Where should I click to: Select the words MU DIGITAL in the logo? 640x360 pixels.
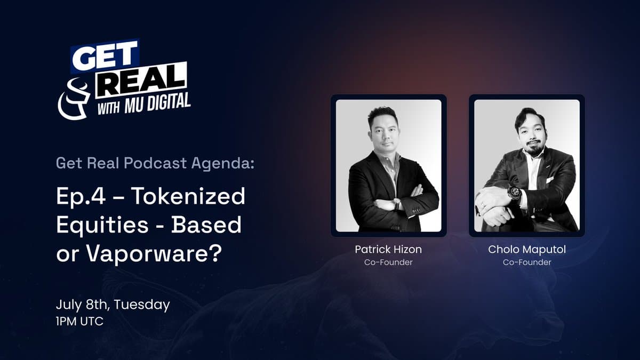(157, 103)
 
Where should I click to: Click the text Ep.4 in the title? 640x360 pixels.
(81, 197)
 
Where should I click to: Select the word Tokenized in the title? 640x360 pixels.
(188, 196)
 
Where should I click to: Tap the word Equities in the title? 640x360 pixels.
(102, 226)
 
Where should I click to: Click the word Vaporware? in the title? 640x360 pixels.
(154, 253)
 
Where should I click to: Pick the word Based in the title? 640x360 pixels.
(206, 225)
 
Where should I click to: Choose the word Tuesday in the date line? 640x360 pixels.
(142, 305)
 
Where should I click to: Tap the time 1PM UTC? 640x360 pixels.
(79, 322)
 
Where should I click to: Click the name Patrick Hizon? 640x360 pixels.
(388, 250)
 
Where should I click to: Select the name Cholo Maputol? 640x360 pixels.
(527, 250)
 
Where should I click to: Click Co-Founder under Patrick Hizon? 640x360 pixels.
(388, 262)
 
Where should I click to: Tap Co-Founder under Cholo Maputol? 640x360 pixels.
(527, 262)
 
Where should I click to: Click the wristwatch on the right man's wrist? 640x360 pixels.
(515, 194)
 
